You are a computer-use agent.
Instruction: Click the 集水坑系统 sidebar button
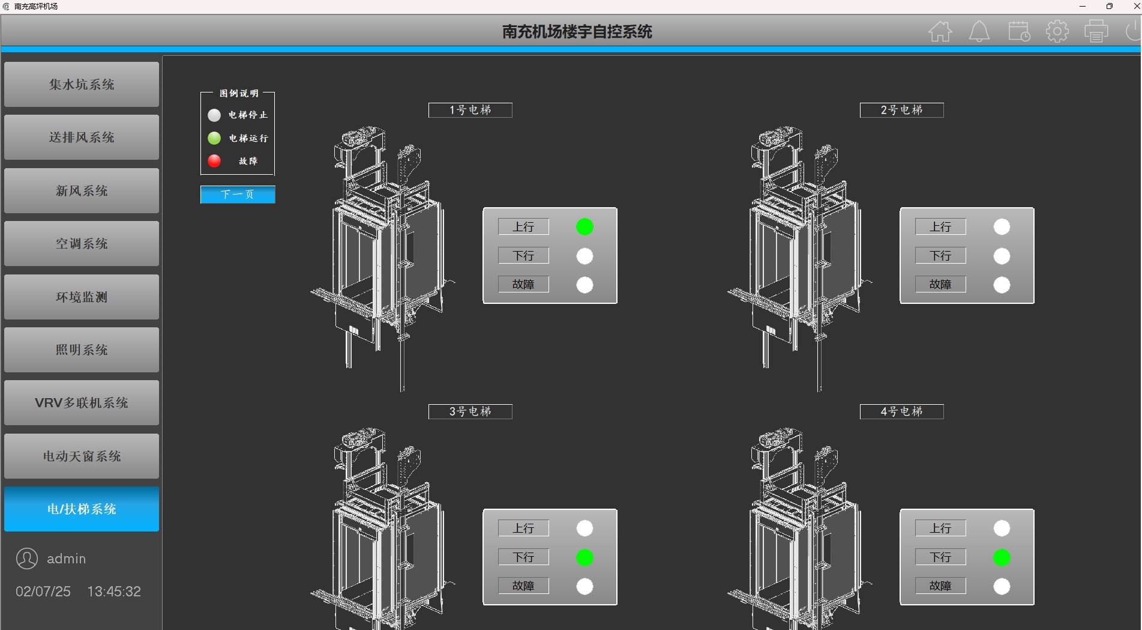point(82,85)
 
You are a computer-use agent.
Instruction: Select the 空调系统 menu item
point(82,244)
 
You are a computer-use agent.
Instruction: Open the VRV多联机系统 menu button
point(82,403)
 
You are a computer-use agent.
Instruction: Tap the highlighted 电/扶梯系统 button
point(82,509)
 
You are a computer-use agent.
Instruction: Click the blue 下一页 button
point(238,195)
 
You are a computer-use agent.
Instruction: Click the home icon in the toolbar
point(940,31)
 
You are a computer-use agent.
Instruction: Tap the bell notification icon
point(979,31)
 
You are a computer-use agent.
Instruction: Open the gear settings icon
point(1057,31)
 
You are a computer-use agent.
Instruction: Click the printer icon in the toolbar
point(1096,31)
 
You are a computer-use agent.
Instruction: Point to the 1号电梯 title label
point(470,110)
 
